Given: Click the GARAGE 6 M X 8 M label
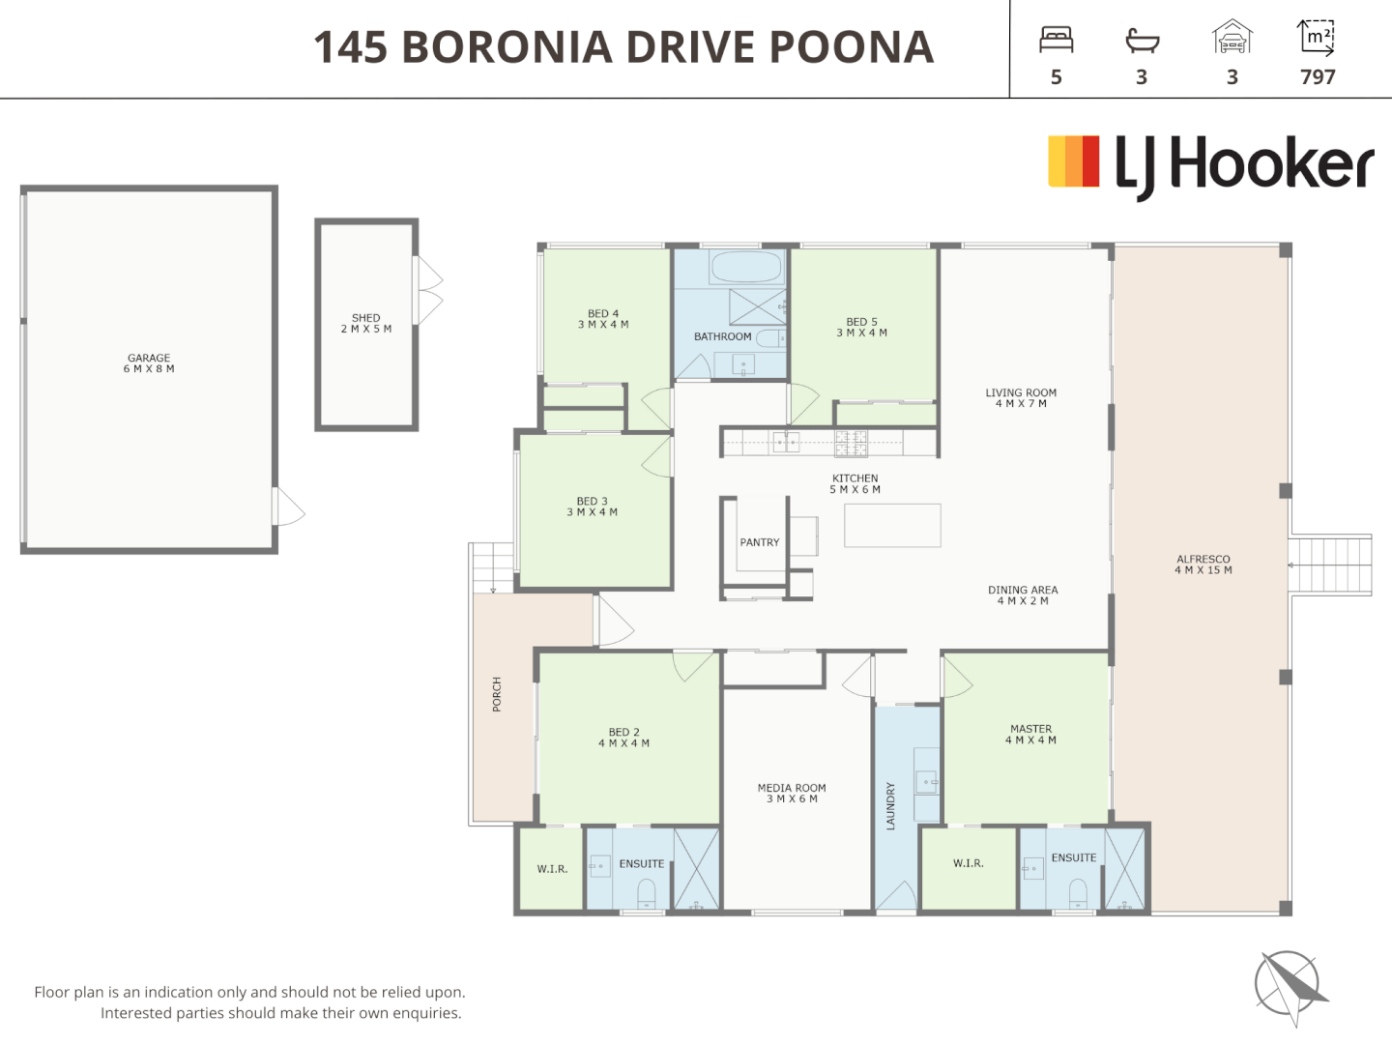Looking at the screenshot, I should coord(149,363).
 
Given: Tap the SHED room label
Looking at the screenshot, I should coord(365,323).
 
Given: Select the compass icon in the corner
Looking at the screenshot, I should coord(1290,985).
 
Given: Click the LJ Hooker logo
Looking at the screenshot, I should coord(1210,164).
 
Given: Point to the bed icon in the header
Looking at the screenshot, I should coord(1056,40).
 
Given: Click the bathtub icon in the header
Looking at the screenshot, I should coord(1142,40).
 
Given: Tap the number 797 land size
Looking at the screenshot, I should coord(1318,77).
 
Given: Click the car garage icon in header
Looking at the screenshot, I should coord(1232,39).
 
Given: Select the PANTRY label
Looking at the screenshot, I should coord(759,542).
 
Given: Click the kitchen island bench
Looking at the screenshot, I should coord(892,526).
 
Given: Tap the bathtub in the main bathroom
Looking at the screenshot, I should coord(745,267).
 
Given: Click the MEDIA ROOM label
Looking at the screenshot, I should coord(792,793).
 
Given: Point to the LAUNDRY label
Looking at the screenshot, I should coord(890,806).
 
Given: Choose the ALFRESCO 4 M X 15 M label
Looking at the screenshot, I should coord(1203,565).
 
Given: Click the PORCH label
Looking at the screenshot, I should coord(497,694).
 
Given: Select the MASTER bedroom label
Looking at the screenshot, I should coord(1030,734).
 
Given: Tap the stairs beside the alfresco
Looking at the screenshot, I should coord(1330,566).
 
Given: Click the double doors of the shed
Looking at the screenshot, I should coord(427,291).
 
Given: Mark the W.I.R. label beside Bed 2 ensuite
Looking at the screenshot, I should coord(552,869).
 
